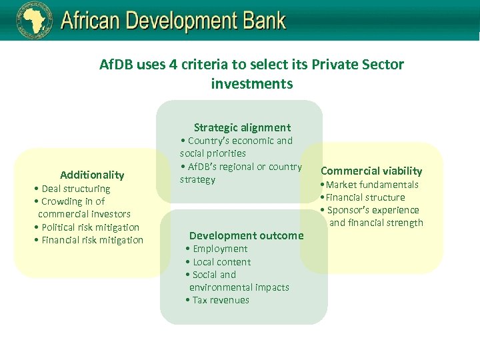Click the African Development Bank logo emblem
34,21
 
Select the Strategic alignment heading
242,127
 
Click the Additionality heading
92,175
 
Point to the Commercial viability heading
371,171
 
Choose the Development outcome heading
246,235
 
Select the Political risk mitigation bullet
87,227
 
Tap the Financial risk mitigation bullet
89,240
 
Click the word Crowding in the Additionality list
62,201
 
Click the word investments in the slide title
251,84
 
